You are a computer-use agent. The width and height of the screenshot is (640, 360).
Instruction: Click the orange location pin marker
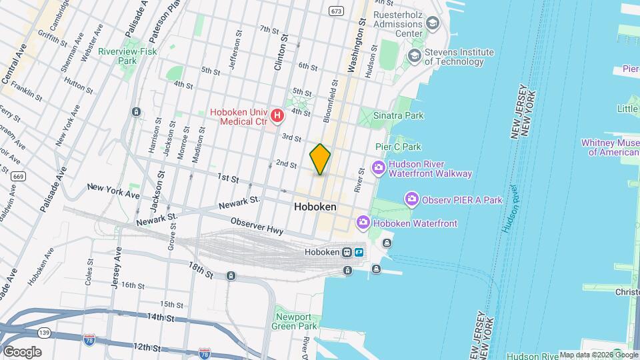tap(320, 159)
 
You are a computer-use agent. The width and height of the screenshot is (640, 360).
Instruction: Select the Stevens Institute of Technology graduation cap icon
tap(415, 56)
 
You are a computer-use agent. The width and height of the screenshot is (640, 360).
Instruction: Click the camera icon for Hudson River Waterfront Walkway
tap(378, 168)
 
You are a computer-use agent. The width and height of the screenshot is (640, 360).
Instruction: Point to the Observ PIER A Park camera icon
tap(412, 199)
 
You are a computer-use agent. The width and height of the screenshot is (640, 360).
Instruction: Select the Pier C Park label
tap(399, 147)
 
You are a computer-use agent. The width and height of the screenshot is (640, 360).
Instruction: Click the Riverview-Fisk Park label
tap(117, 56)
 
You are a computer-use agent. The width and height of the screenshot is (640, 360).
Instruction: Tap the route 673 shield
tap(335, 11)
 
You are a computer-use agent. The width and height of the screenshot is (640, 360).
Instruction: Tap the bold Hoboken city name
tap(315, 207)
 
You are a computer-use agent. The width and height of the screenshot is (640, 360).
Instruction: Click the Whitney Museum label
tap(610, 147)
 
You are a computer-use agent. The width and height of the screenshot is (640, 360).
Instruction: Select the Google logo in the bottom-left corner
tap(21, 351)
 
